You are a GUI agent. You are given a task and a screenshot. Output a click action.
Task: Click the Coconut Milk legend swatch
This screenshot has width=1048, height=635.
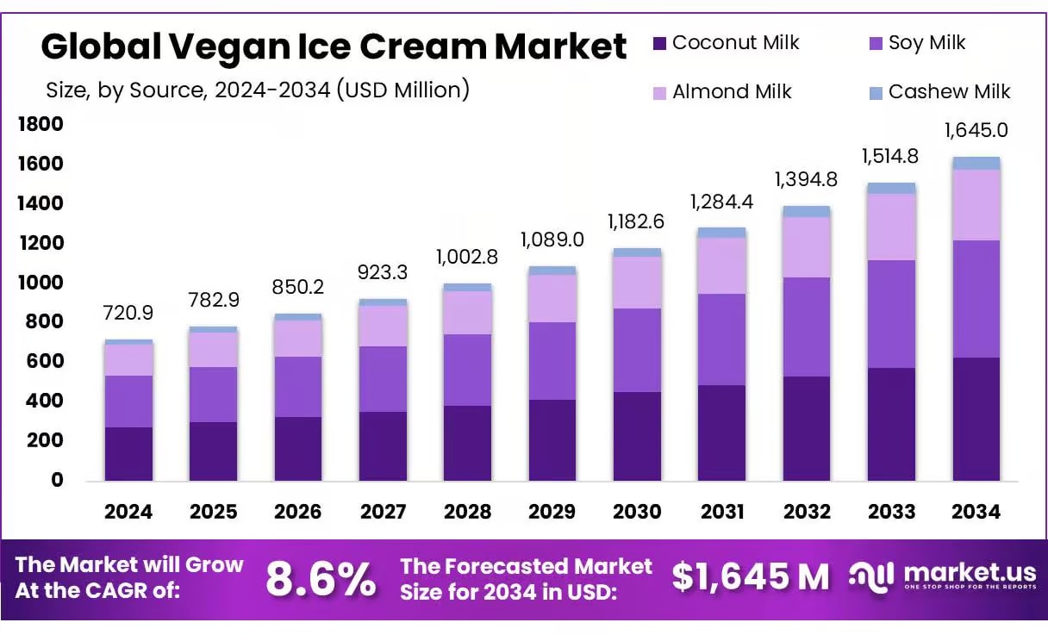click(660, 43)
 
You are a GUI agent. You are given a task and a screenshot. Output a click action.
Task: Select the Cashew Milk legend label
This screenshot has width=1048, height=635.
click(949, 91)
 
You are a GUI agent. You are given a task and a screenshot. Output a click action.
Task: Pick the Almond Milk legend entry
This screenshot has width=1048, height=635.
click(732, 91)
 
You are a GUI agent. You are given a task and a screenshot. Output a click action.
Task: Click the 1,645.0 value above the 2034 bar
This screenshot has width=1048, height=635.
click(976, 131)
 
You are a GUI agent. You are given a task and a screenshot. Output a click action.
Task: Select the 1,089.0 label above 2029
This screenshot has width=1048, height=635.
click(552, 240)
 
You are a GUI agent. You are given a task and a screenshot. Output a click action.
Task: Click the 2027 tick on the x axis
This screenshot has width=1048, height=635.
click(383, 512)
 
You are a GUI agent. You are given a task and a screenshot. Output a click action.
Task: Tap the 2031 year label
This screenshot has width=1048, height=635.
click(722, 512)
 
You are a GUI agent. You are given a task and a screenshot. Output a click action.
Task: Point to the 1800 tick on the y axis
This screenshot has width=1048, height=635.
click(40, 125)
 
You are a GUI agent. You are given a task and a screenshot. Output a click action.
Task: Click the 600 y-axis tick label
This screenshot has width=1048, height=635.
click(45, 362)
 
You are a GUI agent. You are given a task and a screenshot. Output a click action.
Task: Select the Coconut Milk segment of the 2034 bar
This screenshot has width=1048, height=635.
click(976, 419)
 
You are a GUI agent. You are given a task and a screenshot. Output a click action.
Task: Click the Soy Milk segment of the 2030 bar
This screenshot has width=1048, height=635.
click(637, 350)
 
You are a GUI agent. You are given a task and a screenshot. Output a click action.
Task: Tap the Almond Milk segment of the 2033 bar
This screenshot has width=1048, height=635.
click(891, 227)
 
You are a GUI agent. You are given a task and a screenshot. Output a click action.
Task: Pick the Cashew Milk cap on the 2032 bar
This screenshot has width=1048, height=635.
click(807, 211)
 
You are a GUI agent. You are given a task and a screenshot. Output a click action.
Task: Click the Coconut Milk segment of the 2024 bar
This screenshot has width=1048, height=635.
click(128, 454)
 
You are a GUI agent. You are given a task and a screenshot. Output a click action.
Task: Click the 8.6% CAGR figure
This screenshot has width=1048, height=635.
click(321, 579)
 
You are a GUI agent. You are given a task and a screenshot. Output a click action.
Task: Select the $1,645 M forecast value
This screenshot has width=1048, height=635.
click(750, 577)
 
